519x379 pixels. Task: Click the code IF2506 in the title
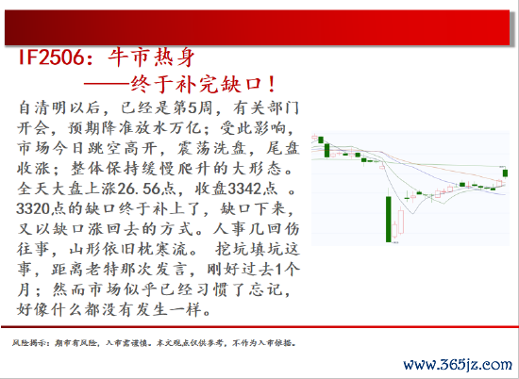click(51, 58)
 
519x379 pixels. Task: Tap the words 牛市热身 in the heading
click(152, 58)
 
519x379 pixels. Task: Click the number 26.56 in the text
click(139, 189)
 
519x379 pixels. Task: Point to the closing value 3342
click(244, 189)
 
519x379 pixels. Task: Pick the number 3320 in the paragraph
click(33, 208)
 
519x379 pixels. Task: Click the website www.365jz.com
click(458, 365)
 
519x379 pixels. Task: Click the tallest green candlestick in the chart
click(389, 220)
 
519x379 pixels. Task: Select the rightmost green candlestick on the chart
click(505, 173)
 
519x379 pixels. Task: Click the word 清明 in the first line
click(50, 107)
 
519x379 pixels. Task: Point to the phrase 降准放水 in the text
click(135, 128)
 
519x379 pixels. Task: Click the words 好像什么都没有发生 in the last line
click(92, 309)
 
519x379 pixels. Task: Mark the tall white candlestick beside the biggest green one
click(401, 222)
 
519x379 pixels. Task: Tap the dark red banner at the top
click(258, 27)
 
